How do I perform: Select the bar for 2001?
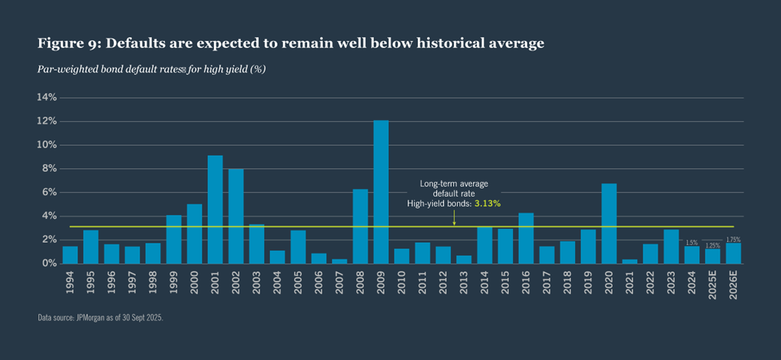215,209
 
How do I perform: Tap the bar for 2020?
609,223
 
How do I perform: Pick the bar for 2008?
360,226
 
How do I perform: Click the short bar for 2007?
339,261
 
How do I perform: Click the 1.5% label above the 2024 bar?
692,242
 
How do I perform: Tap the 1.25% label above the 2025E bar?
713,245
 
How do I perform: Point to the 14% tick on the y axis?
47,98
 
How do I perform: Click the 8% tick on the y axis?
50,169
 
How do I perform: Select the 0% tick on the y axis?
50,263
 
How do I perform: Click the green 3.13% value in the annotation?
487,203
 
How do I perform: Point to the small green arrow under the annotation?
454,220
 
